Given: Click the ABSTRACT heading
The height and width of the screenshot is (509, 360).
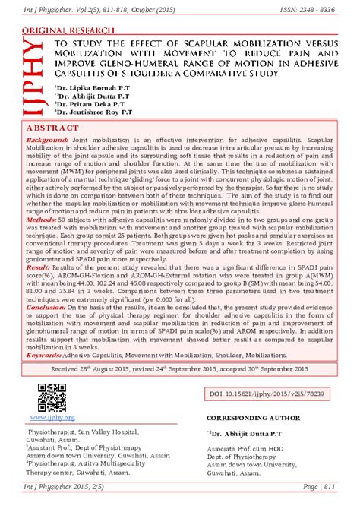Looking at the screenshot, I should [55, 128].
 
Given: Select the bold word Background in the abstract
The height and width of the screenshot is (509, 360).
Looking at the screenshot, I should [47, 142].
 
